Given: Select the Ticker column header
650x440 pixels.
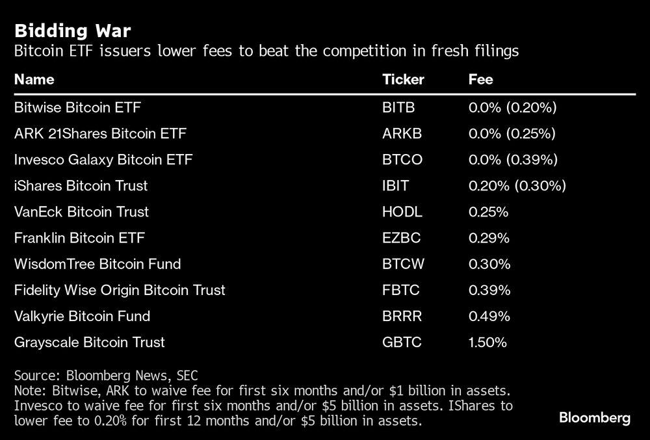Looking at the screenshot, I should [403, 80].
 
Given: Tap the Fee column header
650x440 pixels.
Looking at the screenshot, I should [480, 80].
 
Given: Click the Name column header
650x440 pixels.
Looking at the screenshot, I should [34, 80].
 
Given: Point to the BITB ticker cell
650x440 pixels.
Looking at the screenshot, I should [398, 107].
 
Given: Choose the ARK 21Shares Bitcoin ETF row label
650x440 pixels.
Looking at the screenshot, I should [100, 134].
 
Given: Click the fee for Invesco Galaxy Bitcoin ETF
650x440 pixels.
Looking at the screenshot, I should [513, 160].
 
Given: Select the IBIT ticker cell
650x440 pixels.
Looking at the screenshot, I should [396, 186].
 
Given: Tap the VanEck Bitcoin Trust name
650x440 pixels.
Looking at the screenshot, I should [81, 212].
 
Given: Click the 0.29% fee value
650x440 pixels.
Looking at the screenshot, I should [489, 238].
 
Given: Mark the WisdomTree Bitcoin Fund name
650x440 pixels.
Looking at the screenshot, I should [97, 264].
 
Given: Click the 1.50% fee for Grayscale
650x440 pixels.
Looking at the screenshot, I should [487, 342].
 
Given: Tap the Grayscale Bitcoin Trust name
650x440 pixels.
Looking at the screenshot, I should [89, 342].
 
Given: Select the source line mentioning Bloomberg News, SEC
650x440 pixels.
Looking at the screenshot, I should [106, 376].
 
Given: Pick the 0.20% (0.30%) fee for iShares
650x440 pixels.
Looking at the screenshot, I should [517, 186].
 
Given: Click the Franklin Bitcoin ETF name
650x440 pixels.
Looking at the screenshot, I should [79, 238].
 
